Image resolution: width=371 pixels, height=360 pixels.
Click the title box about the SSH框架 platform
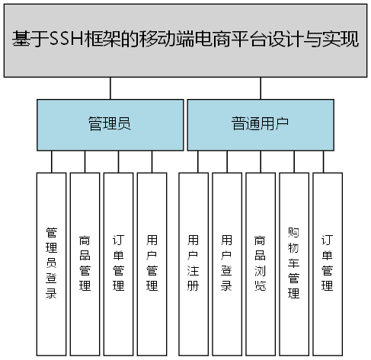pyautogui.click(x=185, y=39)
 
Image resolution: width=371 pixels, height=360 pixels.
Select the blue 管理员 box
pyautogui.click(x=110, y=123)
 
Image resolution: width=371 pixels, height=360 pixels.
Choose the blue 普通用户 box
pyautogui.click(x=260, y=123)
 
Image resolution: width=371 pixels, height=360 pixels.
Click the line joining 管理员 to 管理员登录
pyautogui.click(x=51, y=161)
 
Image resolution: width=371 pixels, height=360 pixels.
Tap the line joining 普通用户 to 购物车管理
pyautogui.click(x=293, y=161)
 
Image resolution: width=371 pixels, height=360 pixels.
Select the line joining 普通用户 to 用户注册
pyautogui.click(x=198, y=161)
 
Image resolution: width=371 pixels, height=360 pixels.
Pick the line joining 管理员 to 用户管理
pyautogui.click(x=152, y=161)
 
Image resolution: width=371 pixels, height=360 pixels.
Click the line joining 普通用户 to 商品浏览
pyautogui.click(x=260, y=161)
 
